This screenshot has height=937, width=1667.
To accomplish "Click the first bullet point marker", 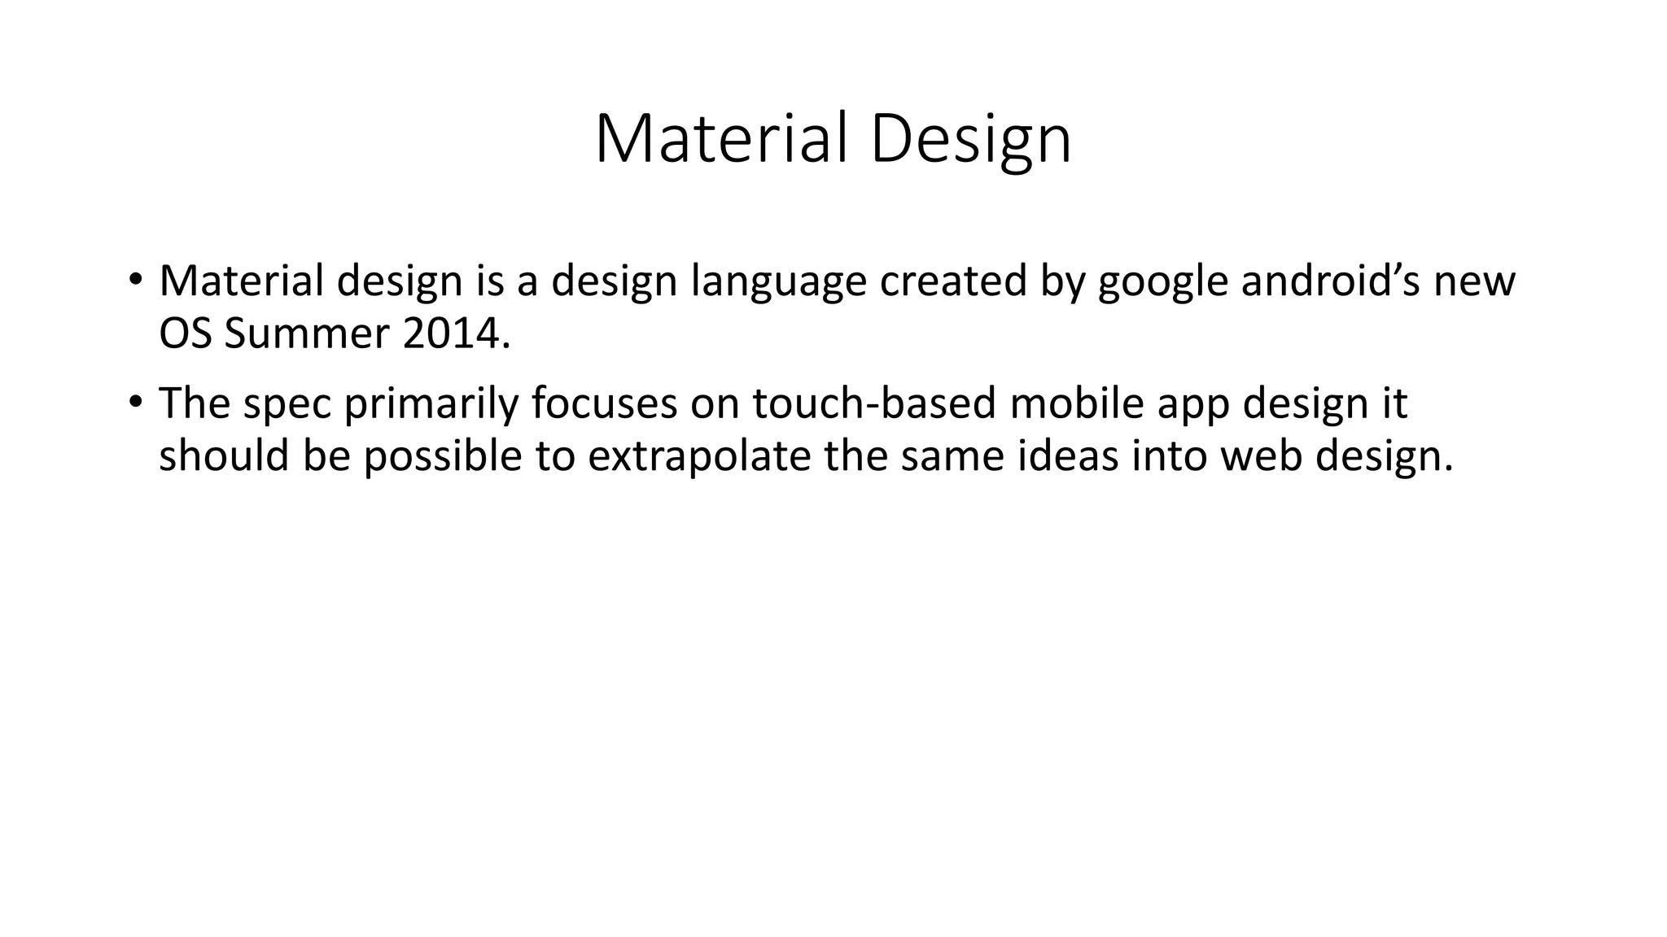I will tap(135, 280).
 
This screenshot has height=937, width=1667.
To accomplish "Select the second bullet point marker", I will tap(135, 402).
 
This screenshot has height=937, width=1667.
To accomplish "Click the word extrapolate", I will tap(699, 455).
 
